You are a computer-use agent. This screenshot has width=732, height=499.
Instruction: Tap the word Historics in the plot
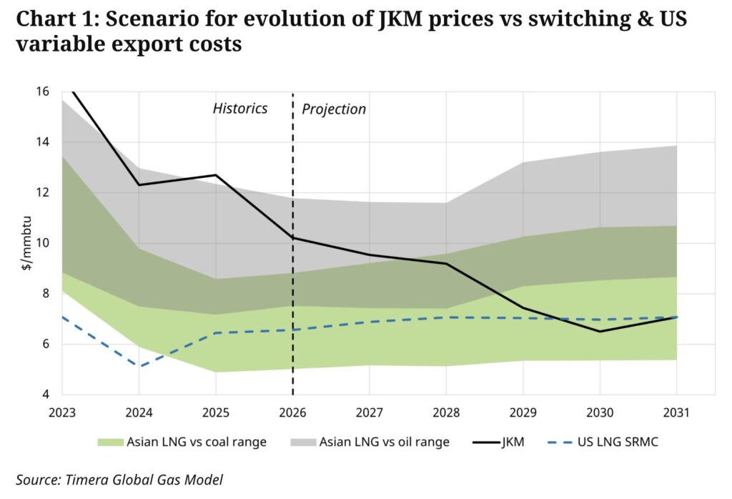pyautogui.click(x=240, y=109)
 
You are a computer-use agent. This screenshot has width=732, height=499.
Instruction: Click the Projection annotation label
pyautogui.click(x=334, y=109)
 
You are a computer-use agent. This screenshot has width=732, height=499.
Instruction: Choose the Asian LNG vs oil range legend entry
pyautogui.click(x=382, y=442)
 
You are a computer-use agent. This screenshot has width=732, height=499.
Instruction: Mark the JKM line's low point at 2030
pyautogui.click(x=600, y=331)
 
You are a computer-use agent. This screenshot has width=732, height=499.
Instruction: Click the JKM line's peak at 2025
pyautogui.click(x=216, y=175)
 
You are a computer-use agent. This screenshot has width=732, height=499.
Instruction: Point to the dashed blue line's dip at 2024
pyautogui.click(x=139, y=366)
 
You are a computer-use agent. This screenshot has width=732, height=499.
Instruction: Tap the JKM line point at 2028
pyautogui.click(x=446, y=264)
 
